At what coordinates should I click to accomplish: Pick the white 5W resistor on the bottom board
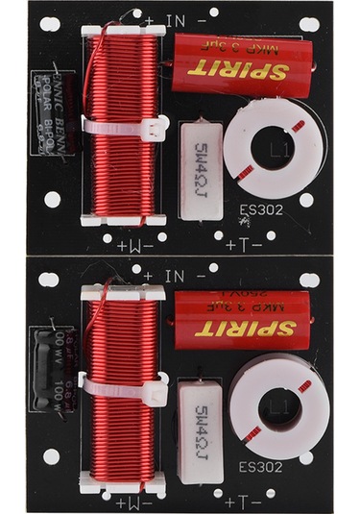202,427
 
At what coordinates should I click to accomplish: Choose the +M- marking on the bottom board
135,502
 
